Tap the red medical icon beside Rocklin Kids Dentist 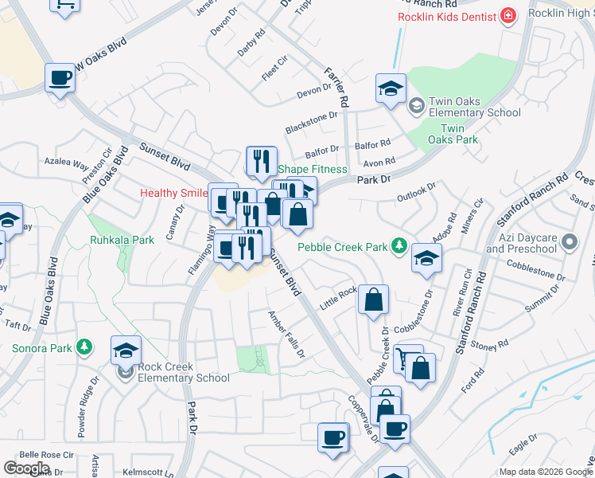pos(507,16)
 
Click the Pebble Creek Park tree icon pos(400,246)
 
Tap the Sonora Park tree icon pos(83,347)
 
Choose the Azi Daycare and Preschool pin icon pos(568,241)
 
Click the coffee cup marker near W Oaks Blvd pos(60,78)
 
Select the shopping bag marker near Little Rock pos(373,300)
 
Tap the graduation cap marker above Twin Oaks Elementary pos(391,88)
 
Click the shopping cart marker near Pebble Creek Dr pos(407,358)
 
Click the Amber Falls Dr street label pos(286,334)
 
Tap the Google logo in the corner pos(27,468)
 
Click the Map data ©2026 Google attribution pos(545,472)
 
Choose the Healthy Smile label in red pos(172,194)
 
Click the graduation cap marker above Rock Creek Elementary pos(126,350)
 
